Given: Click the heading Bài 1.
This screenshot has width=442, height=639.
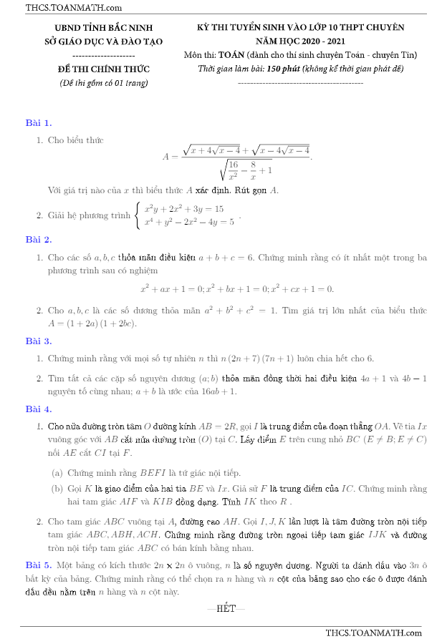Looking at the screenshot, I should tap(38, 122).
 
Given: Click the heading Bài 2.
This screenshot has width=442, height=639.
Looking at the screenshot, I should tap(38, 239).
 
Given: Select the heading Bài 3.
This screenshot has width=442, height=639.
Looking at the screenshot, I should tap(38, 341).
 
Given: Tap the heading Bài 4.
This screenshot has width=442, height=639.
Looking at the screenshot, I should tap(38, 409).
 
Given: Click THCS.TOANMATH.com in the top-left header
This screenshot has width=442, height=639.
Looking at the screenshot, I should tap(63, 8).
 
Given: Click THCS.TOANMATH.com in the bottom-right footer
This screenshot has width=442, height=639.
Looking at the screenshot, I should tap(373, 633).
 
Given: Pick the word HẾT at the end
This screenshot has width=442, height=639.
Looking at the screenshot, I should tap(226, 608).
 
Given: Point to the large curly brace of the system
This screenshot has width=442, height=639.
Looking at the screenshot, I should tap(137, 215).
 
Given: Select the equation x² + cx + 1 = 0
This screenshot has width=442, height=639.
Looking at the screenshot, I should tap(302, 290).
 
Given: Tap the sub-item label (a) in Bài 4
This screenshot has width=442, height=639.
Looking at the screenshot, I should tap(57, 472).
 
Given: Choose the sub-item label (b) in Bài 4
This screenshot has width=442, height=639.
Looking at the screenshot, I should tap(57, 489).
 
